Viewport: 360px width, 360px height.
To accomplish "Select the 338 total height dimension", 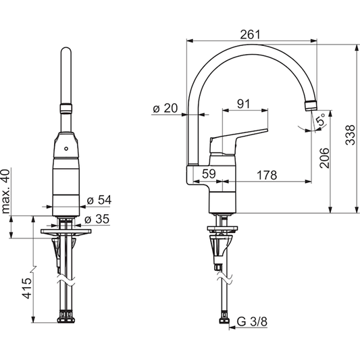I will (x=349, y=137).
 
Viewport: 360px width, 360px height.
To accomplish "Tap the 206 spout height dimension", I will (x=324, y=157).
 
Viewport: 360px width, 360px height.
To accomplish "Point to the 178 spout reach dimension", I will (x=267, y=176).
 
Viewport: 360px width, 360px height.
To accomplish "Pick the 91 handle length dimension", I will (x=243, y=105).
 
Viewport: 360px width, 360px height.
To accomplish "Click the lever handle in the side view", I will (x=236, y=134).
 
